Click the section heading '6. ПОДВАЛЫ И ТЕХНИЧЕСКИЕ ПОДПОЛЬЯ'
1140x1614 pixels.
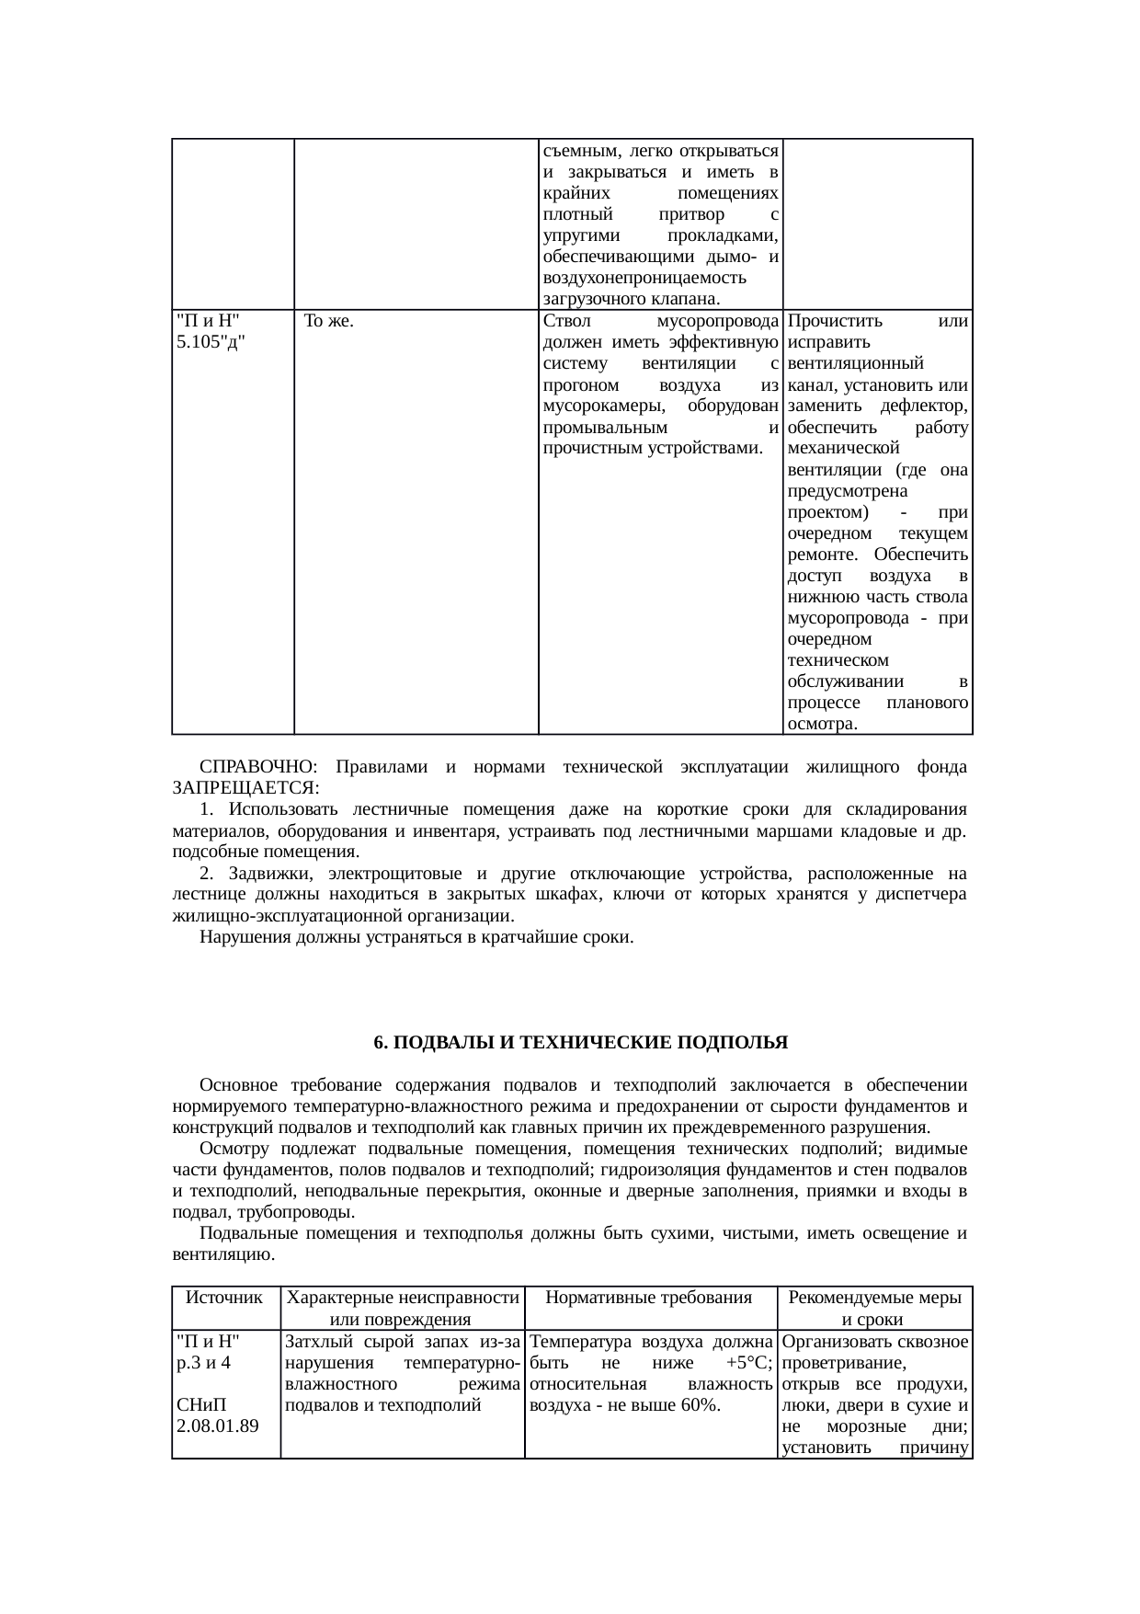point(580,1043)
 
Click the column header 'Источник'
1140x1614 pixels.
point(224,1298)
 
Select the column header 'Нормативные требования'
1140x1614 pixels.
point(649,1298)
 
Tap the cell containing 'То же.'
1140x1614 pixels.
point(329,322)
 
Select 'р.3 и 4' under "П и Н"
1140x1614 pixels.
point(203,1363)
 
